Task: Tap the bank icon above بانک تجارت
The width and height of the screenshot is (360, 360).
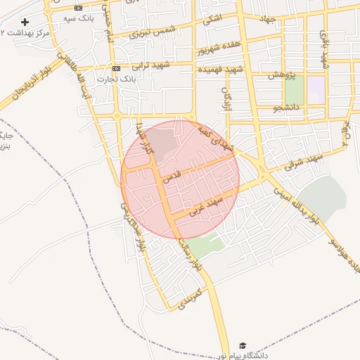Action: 116,68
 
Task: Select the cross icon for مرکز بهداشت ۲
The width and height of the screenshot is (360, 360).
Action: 25,22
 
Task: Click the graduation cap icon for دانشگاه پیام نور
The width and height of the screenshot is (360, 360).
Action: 243,346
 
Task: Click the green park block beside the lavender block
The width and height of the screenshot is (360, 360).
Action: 294,90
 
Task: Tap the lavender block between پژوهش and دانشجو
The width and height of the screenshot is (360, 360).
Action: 316,90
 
